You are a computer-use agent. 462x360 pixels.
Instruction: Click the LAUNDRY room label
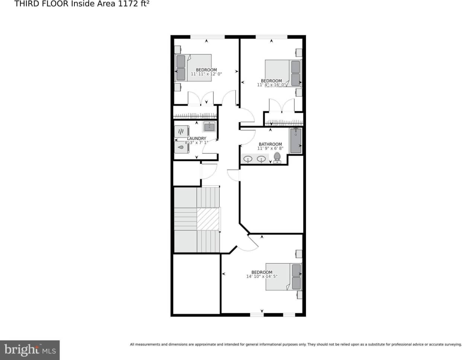click(x=197, y=138)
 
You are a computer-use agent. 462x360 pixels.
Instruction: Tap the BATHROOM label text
click(x=270, y=144)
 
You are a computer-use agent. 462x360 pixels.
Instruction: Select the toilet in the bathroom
click(x=277, y=158)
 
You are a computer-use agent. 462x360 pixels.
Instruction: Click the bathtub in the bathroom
click(x=296, y=141)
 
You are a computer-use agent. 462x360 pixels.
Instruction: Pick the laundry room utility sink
click(x=209, y=127)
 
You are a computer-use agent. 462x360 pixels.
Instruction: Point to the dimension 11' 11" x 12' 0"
click(x=206, y=74)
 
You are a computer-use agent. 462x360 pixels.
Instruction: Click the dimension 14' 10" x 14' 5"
click(x=262, y=277)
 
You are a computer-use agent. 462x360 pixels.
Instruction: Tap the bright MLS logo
click(x=30, y=350)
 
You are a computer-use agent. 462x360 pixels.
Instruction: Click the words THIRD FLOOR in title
click(x=41, y=4)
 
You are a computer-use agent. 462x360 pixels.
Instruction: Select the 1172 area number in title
click(x=128, y=4)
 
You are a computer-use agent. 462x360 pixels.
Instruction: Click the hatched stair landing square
click(x=208, y=219)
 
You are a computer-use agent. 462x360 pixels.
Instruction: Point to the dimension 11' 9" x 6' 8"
click(x=270, y=149)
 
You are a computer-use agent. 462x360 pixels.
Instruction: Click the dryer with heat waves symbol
click(x=181, y=132)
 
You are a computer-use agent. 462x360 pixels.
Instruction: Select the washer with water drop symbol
click(x=181, y=147)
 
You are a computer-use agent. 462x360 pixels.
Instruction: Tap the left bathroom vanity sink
click(x=248, y=159)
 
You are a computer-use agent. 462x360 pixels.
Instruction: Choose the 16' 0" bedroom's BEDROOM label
click(x=271, y=81)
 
